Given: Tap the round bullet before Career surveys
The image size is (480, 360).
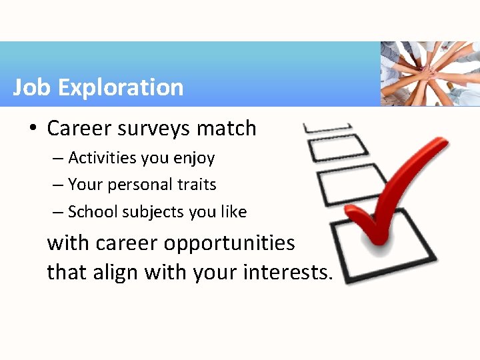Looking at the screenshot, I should coord(33,129).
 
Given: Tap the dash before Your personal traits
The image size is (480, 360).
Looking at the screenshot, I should coord(58,185).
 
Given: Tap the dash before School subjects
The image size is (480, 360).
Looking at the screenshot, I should coord(58,212).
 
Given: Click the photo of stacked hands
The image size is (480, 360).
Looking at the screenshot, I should coord(430,73).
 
